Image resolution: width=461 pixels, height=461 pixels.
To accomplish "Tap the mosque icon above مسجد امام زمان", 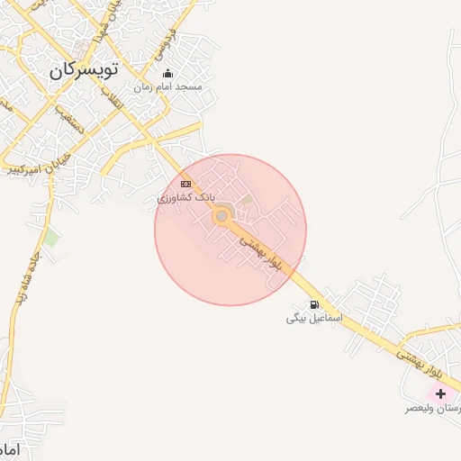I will (x=167, y=74).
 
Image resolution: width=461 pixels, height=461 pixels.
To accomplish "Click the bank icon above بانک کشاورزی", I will (x=186, y=184).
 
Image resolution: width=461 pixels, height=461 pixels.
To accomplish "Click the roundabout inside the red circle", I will (x=221, y=216).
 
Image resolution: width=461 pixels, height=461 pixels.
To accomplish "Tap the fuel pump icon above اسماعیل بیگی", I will (x=314, y=304).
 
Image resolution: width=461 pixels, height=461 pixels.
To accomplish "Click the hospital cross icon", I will (x=440, y=394).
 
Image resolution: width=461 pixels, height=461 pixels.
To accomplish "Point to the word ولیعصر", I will (x=420, y=408).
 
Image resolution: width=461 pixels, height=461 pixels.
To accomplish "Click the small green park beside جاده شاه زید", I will (x=52, y=239).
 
